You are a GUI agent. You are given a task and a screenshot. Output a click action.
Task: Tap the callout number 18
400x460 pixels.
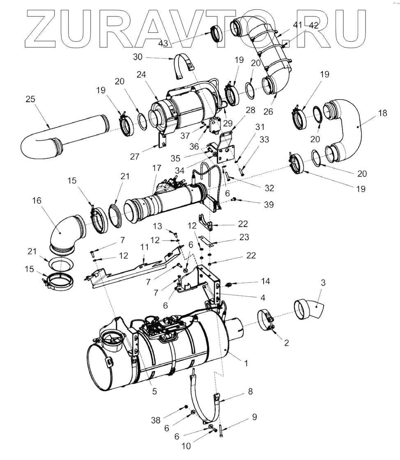[x=382, y=113]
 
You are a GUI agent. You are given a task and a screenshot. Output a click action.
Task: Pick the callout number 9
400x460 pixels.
[x=254, y=417]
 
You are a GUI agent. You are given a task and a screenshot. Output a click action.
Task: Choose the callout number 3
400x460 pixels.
[x=323, y=283]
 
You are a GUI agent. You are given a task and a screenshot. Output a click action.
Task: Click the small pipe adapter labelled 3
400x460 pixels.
[x=308, y=309]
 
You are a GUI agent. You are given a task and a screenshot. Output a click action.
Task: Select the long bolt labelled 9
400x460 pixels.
[x=221, y=432]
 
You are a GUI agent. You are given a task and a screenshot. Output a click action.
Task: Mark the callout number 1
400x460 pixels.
[x=246, y=363]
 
